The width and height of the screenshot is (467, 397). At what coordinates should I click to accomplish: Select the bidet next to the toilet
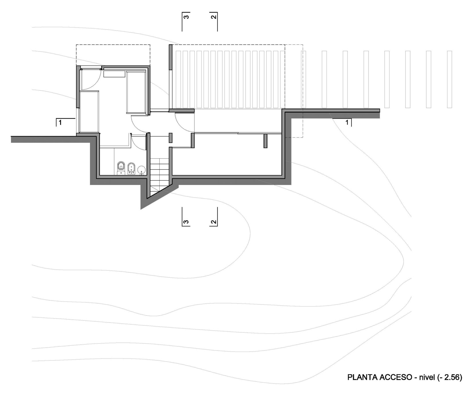[131, 169]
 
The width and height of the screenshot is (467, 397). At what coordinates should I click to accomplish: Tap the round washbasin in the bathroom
[141, 170]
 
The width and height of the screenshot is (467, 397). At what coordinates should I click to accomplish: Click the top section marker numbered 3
[186, 21]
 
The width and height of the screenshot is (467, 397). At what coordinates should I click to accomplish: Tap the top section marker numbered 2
[213, 21]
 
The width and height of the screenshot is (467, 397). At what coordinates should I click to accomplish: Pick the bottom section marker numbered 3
[186, 217]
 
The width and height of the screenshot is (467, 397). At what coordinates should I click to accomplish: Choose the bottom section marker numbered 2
[213, 217]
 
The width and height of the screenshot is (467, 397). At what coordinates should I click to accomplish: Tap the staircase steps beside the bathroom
[159, 174]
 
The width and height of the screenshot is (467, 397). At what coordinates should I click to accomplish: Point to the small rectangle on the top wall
[114, 74]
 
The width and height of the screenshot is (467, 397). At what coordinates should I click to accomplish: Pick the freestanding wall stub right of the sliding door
[266, 141]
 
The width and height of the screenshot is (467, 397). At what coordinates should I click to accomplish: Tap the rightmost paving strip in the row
[449, 79]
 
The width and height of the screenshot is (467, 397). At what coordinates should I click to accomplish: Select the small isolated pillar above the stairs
[170, 138]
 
